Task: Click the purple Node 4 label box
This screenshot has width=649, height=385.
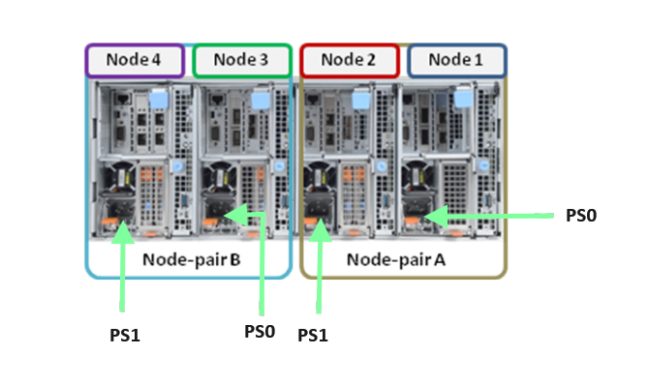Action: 135,59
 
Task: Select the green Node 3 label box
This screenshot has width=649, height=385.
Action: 241,59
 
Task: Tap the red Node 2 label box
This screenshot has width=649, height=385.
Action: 349,59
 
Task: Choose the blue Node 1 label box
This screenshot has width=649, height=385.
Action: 456,59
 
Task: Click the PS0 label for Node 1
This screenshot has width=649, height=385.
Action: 580,215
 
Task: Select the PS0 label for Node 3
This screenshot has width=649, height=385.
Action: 260,331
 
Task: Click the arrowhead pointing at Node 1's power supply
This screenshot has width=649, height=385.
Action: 433,217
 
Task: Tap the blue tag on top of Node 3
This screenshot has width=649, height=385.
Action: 260,100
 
